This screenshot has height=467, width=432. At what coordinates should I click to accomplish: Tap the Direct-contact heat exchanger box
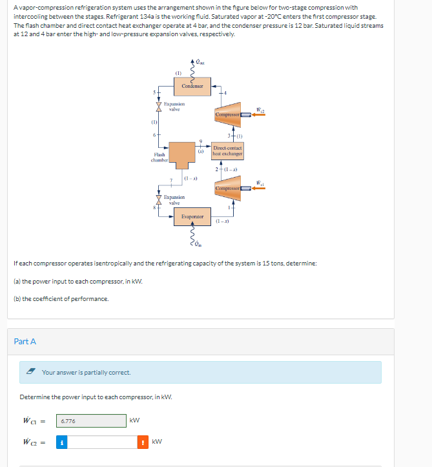(x=227, y=150)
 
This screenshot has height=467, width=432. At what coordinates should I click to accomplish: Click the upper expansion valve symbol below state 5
(x=158, y=105)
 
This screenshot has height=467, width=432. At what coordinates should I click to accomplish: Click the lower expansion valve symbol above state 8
(x=158, y=198)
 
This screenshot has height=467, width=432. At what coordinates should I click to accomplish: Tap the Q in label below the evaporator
(x=198, y=244)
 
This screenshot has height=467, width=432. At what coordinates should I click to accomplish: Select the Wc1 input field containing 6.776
(x=91, y=420)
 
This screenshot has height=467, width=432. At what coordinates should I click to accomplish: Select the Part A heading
(x=25, y=341)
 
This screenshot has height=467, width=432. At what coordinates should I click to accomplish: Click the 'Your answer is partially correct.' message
(x=86, y=372)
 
